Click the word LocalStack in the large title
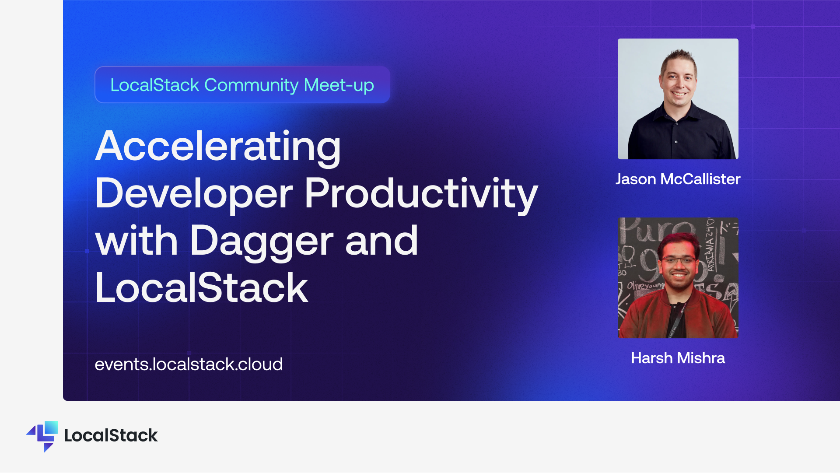[202, 287]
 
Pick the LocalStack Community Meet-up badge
[242, 85]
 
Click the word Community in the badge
[251, 85]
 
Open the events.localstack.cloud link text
[189, 364]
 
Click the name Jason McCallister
[678, 179]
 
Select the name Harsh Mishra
[678, 358]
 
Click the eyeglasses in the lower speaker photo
[678, 260]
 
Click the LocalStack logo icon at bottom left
[42, 436]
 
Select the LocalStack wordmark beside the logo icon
[111, 435]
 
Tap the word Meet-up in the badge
[339, 85]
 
